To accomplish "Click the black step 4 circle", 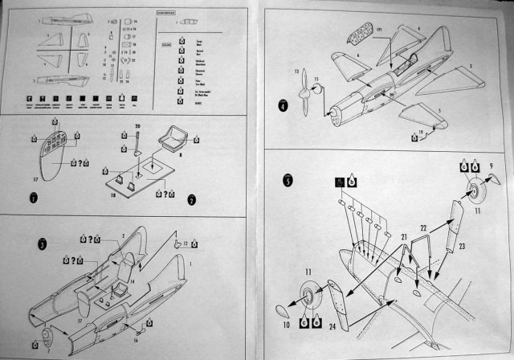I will (x=284, y=105).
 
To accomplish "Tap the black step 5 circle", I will (x=288, y=180).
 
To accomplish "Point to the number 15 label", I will (x=316, y=80).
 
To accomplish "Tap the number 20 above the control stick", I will (x=137, y=125).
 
